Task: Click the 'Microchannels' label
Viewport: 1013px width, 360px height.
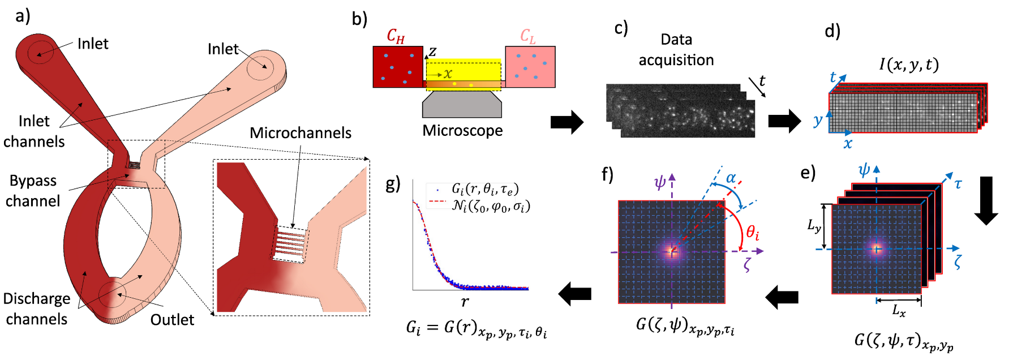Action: point(301,133)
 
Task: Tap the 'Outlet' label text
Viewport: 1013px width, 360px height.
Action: point(172,320)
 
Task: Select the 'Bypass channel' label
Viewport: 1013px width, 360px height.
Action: point(33,191)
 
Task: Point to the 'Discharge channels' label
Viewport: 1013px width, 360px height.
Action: point(37,308)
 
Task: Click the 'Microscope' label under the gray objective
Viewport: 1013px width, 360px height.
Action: point(462,131)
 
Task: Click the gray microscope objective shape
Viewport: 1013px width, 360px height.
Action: point(462,104)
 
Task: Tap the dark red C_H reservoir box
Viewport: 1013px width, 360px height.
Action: point(397,67)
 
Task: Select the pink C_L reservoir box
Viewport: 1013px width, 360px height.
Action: point(530,67)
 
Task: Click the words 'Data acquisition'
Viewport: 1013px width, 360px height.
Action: point(676,50)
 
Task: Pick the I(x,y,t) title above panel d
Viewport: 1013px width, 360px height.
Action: point(909,65)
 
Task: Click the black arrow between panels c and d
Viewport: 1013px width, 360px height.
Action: point(784,121)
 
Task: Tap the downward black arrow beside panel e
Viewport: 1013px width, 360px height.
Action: point(986,201)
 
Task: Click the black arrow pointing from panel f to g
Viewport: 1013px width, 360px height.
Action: point(575,294)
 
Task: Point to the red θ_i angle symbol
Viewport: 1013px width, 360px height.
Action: point(752,232)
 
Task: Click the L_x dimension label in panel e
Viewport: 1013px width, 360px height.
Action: point(899,310)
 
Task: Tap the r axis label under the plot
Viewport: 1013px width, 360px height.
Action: point(465,302)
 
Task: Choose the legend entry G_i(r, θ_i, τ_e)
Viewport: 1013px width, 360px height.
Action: point(484,188)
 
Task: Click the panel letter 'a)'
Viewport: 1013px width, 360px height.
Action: point(23,16)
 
